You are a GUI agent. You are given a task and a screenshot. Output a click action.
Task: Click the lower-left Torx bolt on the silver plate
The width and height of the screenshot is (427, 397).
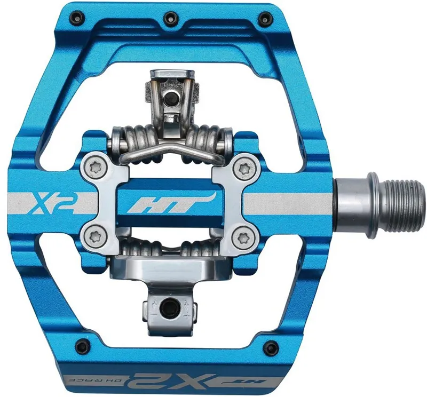tap(96, 236)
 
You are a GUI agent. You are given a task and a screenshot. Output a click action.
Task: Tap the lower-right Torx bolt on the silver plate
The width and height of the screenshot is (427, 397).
tap(243, 237)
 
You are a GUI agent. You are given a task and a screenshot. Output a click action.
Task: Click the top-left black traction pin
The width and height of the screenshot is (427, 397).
tap(77, 15)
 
